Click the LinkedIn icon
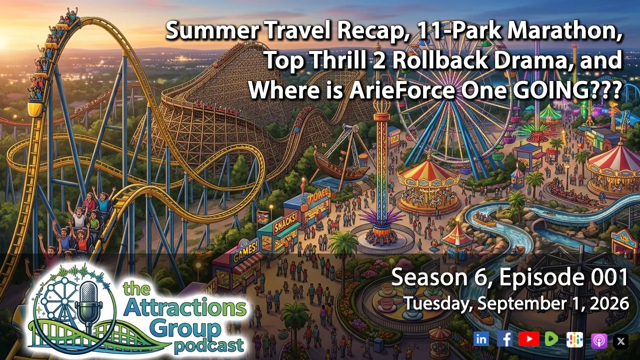(481, 339)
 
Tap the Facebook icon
(504, 339)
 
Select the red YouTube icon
(529, 339)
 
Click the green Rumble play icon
(551, 339)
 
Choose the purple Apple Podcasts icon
(599, 341)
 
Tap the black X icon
(620, 341)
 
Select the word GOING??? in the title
(568, 89)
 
